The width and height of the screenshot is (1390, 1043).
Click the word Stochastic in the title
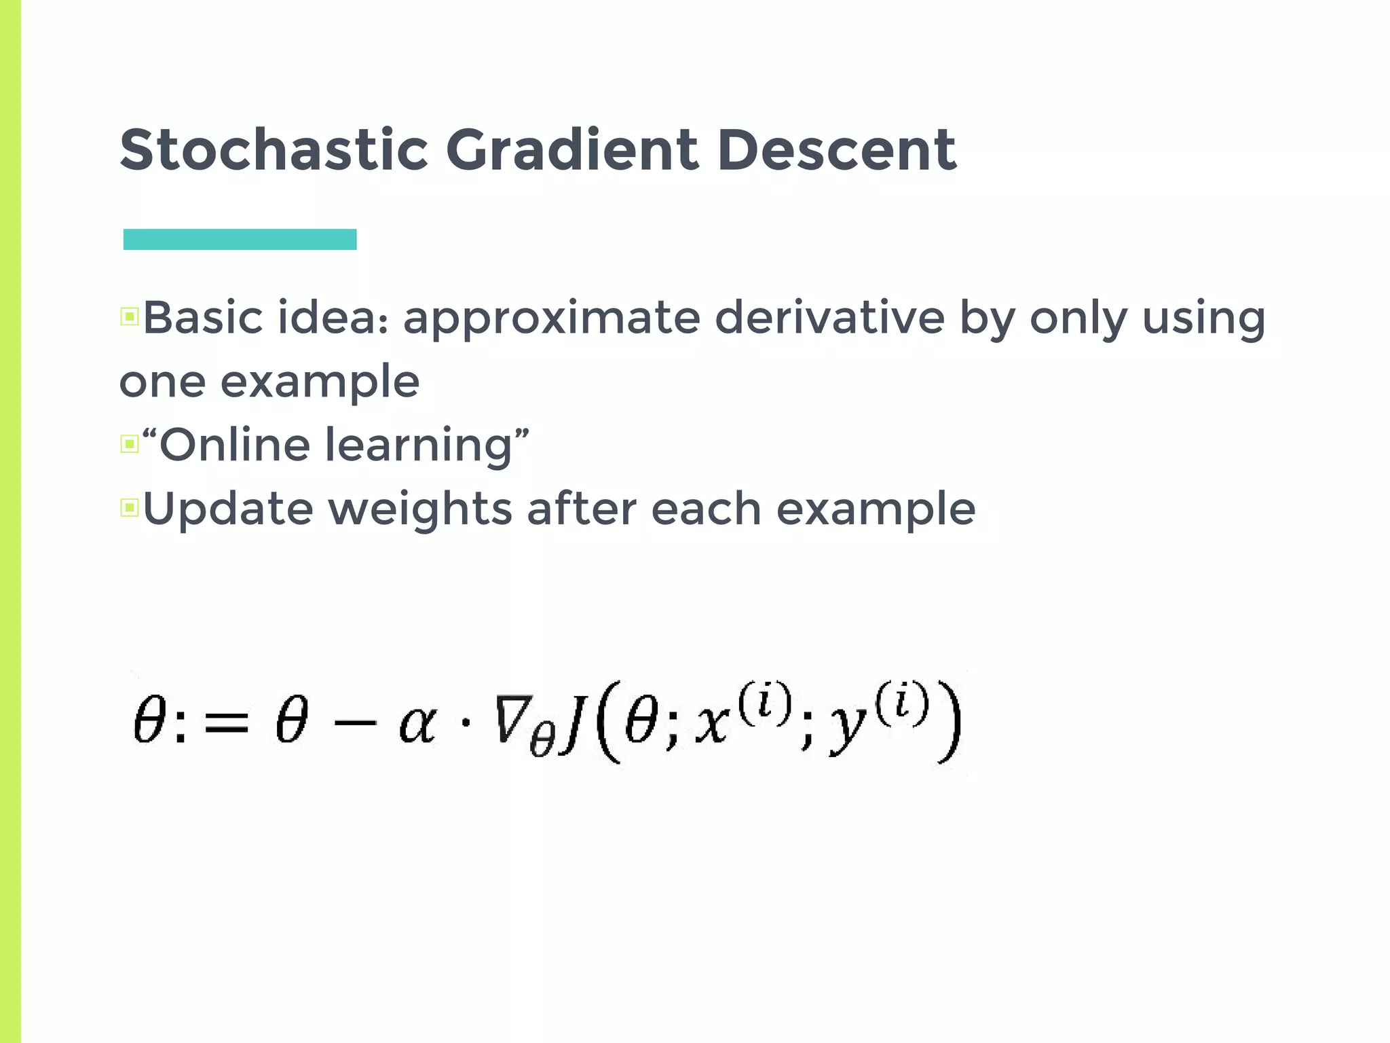pos(274,150)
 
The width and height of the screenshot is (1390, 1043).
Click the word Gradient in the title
pos(571,150)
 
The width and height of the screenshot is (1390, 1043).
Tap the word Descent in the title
pos(836,150)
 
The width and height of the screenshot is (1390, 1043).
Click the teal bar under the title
pos(240,240)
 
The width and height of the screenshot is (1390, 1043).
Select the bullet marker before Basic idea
pos(130,316)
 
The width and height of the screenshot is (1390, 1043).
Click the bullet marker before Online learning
pos(130,444)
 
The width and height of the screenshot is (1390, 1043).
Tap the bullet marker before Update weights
pos(130,507)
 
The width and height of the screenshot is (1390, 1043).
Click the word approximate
pos(551,319)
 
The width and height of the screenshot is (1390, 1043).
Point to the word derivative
pos(829,318)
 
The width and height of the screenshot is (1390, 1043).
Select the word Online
pos(234,445)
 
